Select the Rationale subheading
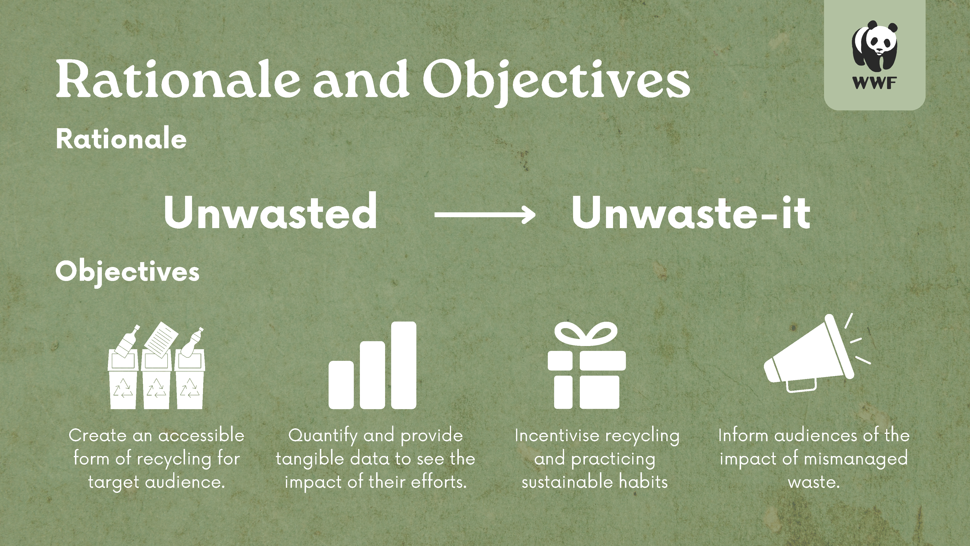pos(121,139)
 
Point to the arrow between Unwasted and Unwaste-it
pos(485,215)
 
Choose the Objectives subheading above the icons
pos(127,272)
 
